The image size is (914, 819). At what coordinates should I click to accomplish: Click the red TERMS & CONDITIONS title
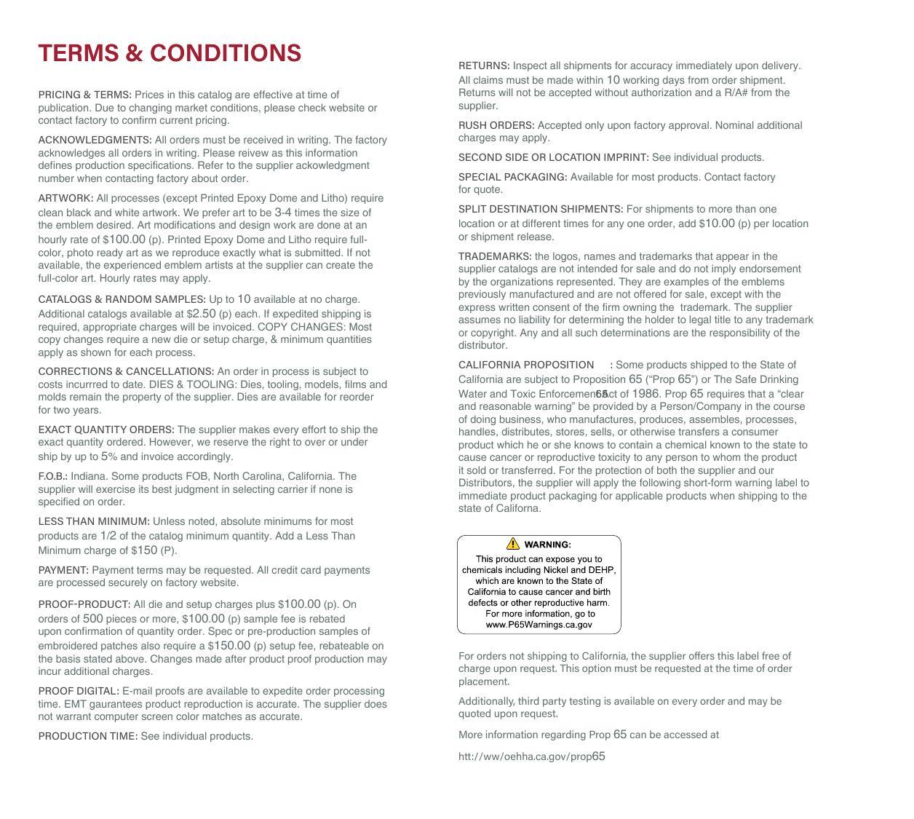pos(170,53)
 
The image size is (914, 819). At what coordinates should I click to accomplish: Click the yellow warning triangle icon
pos(513,544)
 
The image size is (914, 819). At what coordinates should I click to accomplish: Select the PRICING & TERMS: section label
pos(85,95)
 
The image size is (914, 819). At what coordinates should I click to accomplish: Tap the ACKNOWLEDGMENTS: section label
pos(95,140)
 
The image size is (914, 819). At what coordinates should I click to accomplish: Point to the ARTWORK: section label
pos(65,198)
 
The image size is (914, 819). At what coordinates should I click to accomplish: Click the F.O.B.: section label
pos(52,476)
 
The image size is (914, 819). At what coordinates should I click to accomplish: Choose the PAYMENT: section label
pos(63,570)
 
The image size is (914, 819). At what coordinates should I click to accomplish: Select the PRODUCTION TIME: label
pos(88,736)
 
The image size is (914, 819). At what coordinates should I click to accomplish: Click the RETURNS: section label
pos(484,66)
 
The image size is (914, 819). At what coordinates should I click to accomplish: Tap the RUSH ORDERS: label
pos(496,125)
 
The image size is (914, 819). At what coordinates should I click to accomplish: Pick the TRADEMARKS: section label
pos(495,256)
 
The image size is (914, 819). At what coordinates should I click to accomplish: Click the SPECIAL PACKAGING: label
pos(513,177)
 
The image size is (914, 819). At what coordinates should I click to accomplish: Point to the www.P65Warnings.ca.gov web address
pos(539,625)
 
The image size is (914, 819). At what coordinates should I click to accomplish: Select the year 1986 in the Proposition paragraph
pos(645,394)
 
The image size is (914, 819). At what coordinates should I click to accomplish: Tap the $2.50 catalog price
pos(201,314)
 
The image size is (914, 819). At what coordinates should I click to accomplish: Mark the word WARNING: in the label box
pos(547,545)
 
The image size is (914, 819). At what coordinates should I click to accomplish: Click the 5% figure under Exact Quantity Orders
pos(109,456)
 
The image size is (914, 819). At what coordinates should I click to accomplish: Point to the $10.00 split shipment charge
pos(717,223)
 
